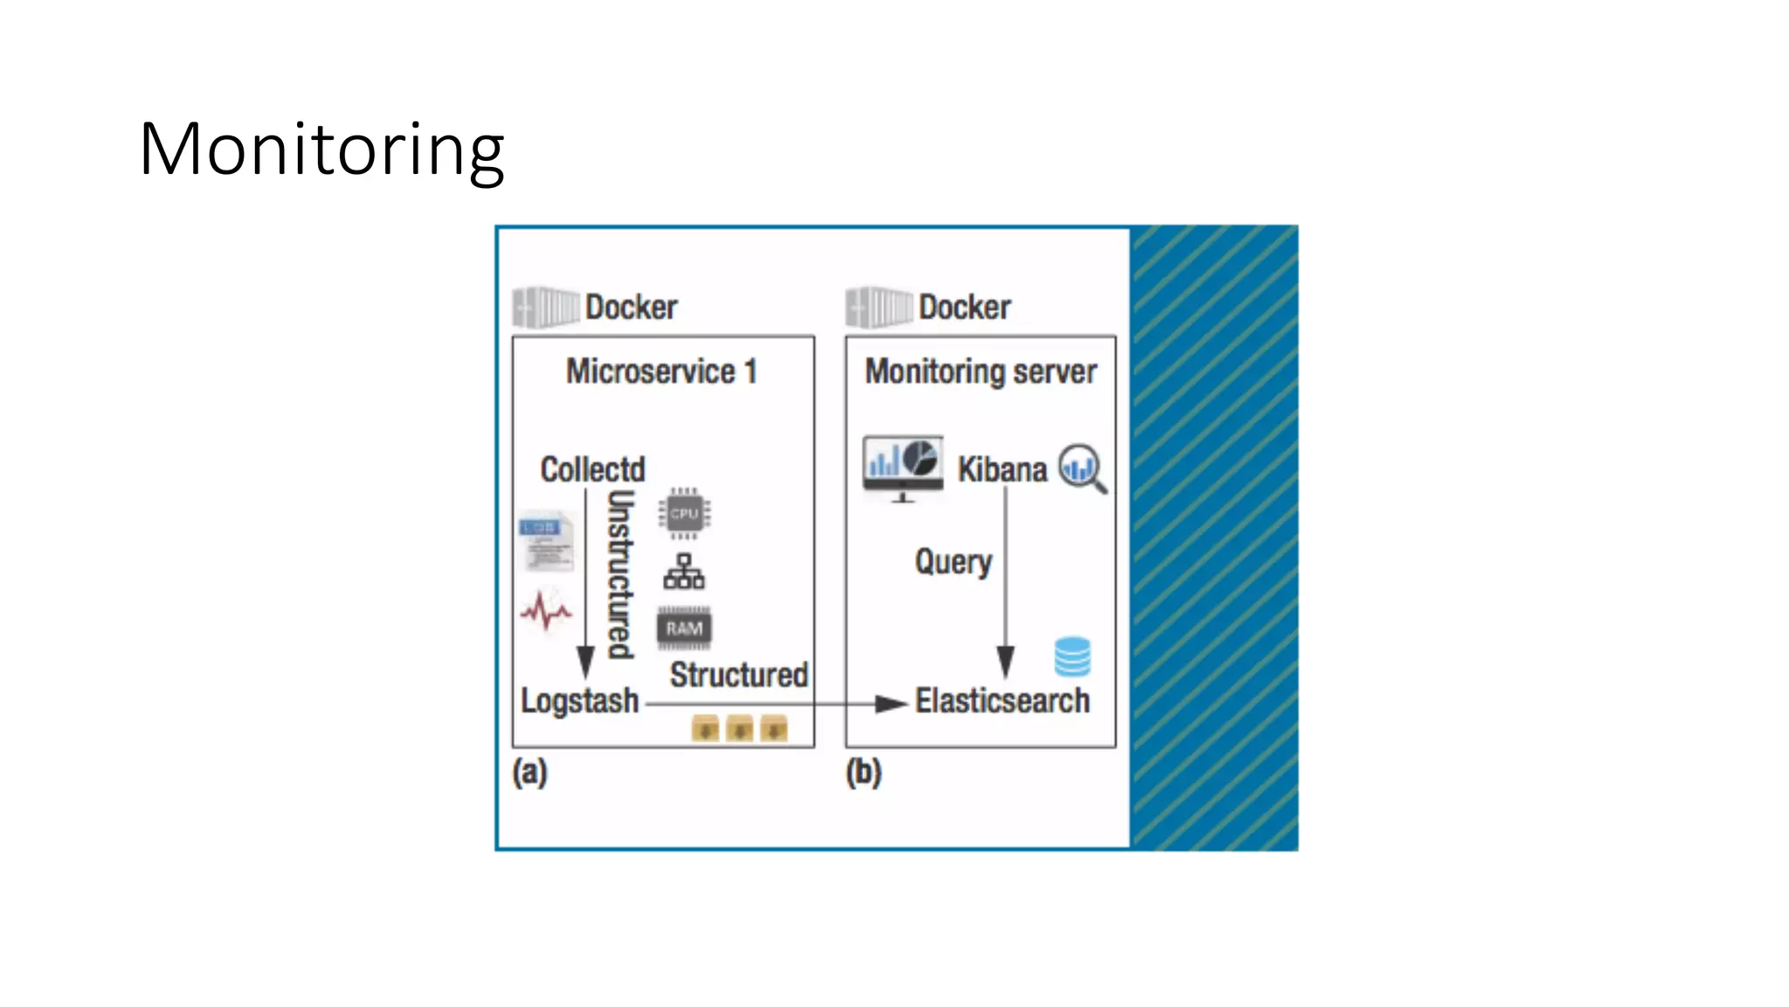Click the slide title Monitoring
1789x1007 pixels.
click(x=321, y=150)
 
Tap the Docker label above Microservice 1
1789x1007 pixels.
click(x=631, y=307)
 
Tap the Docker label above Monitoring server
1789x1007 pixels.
click(x=964, y=307)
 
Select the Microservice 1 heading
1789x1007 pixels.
click(x=661, y=372)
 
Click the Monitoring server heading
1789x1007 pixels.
click(x=980, y=372)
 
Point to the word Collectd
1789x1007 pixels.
click(x=592, y=469)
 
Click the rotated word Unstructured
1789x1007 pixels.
click(x=620, y=573)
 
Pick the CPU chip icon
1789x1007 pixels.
click(x=684, y=513)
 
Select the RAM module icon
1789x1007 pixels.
click(x=684, y=629)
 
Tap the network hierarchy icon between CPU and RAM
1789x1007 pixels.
click(x=684, y=572)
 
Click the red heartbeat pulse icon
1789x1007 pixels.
click(x=546, y=609)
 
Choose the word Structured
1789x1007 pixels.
click(x=738, y=675)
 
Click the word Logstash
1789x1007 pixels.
click(x=580, y=701)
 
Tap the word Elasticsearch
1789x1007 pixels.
click(x=1002, y=701)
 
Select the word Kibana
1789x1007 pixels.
click(x=1002, y=469)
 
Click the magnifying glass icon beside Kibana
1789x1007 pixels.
click(x=1082, y=468)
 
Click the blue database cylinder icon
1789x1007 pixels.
click(x=1072, y=656)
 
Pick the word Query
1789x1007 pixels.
click(x=953, y=561)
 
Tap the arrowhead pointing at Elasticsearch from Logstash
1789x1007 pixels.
click(x=892, y=704)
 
